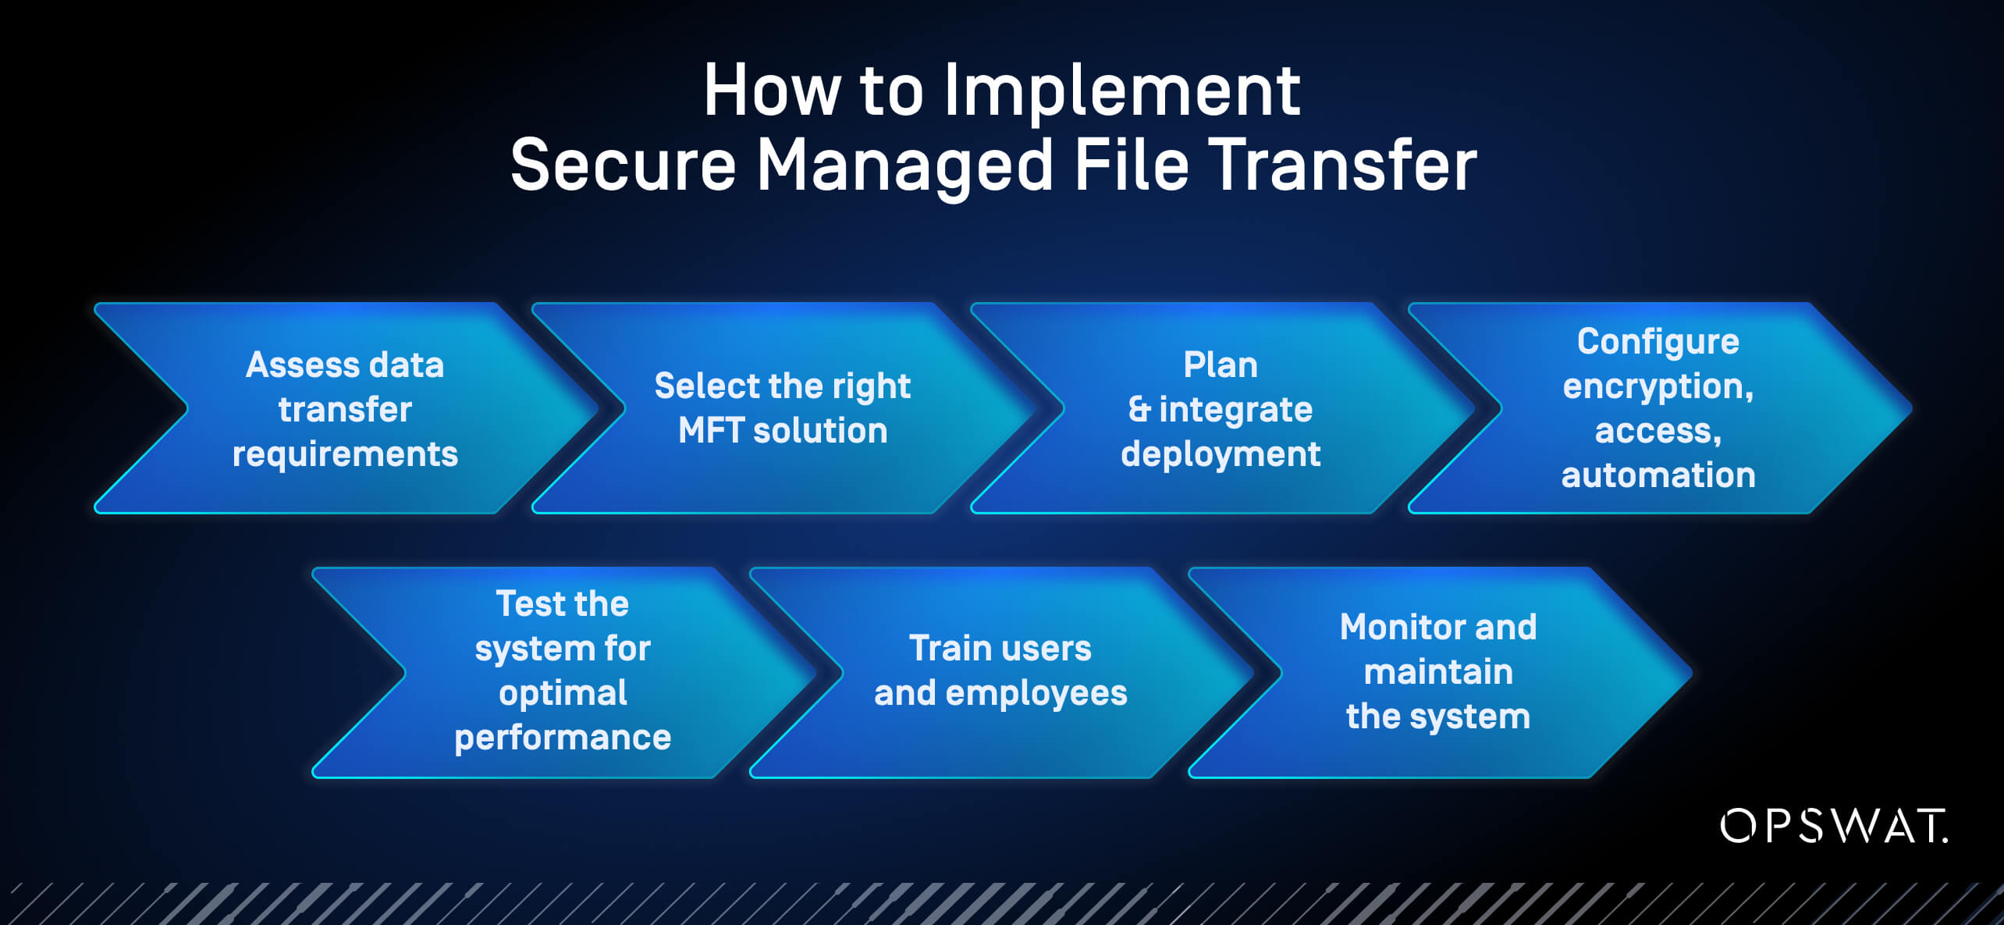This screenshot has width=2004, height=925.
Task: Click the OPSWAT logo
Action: tap(1833, 826)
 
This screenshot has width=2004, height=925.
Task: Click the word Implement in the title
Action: tap(1121, 92)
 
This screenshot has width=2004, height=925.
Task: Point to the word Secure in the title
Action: tap(623, 165)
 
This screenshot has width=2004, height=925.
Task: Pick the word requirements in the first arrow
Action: tap(345, 455)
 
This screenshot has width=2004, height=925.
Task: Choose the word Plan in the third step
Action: tap(1221, 365)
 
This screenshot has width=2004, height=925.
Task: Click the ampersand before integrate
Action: tap(1139, 410)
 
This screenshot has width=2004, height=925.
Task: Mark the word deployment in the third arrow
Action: tap(1221, 454)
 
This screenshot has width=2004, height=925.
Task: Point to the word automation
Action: tap(1658, 475)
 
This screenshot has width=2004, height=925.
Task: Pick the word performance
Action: tap(563, 738)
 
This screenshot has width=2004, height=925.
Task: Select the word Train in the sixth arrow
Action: tap(944, 649)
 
